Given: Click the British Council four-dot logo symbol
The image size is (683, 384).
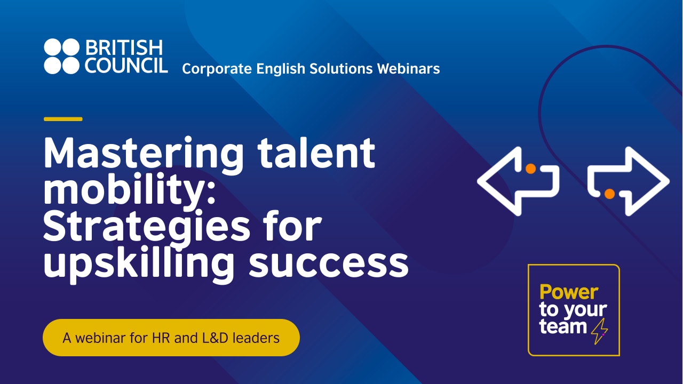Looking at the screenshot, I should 62,56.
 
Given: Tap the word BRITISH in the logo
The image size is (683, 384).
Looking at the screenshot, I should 123,47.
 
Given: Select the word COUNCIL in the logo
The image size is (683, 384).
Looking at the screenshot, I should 126,65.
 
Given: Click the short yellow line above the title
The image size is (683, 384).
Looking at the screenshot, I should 63,119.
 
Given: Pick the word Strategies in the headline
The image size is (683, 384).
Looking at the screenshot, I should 146,226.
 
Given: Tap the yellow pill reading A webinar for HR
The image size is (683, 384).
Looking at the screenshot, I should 171,338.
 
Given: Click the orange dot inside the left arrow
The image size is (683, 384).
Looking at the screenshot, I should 530,169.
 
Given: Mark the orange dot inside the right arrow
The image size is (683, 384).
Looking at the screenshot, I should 609,194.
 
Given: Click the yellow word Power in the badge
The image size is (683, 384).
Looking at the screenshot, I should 569,292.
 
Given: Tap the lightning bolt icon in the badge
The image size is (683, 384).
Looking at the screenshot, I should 600,331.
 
